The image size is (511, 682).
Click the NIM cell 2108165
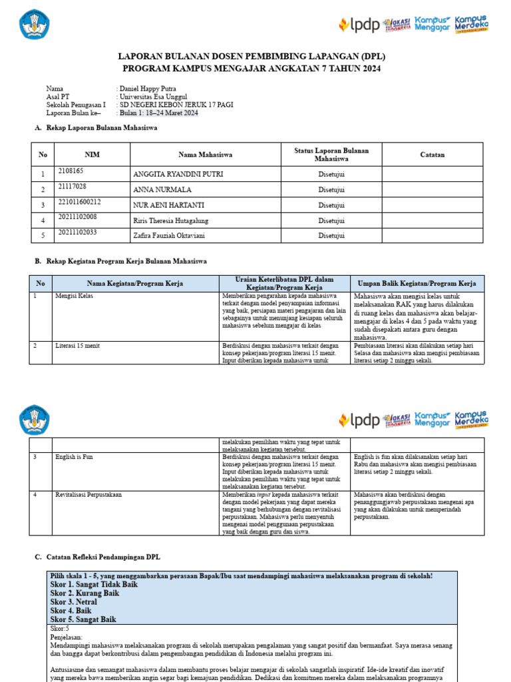[x=73, y=171]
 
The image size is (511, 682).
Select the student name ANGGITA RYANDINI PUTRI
[x=178, y=174]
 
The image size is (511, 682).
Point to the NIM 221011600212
[x=80, y=202]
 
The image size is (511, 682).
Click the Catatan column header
[x=432, y=155]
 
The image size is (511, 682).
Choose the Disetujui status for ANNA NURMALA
[x=331, y=189]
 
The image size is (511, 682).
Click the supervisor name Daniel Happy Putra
[x=151, y=89]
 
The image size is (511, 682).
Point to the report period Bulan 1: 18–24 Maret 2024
[x=158, y=113]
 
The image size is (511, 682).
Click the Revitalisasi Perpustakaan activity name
[x=88, y=496]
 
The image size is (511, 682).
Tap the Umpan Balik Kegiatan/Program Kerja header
[x=417, y=283]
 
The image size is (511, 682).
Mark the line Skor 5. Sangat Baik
[x=83, y=619]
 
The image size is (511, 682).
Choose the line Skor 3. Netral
[x=73, y=601]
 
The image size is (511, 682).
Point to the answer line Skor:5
[x=60, y=628]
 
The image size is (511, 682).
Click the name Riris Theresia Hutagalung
[x=172, y=220]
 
